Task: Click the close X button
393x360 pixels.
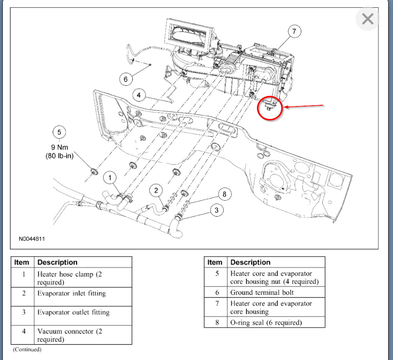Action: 367,19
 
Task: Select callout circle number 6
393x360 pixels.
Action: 125,80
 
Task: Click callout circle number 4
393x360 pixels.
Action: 139,95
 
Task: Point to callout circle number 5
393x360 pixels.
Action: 59,132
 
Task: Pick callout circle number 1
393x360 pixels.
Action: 110,178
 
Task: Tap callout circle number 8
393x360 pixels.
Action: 225,194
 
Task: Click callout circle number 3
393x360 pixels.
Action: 216,210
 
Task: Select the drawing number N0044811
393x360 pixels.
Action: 32,239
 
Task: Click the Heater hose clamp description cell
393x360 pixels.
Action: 83,278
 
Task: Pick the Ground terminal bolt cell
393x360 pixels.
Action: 276,293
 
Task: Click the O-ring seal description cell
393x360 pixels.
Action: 276,323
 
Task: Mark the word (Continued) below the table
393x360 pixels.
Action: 27,349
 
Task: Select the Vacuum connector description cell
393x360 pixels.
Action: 83,335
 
